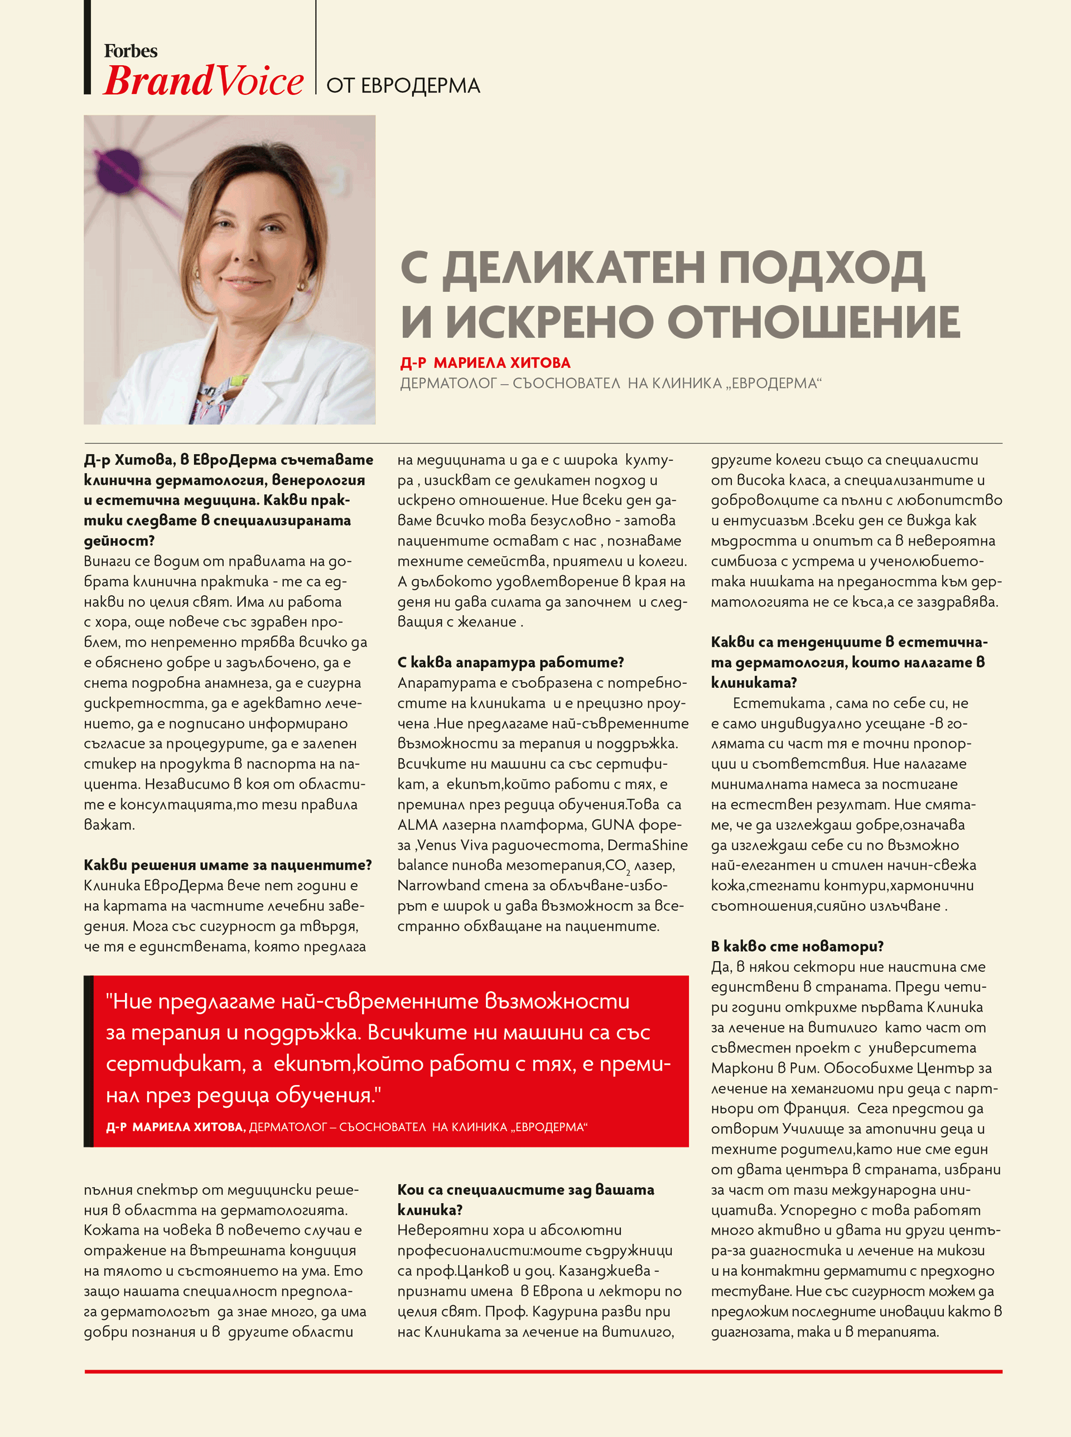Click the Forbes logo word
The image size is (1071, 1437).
click(131, 51)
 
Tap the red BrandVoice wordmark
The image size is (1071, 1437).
click(203, 81)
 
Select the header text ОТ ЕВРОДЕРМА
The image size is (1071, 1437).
click(403, 86)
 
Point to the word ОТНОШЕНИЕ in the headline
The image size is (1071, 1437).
click(814, 322)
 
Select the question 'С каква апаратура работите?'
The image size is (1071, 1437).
click(510, 662)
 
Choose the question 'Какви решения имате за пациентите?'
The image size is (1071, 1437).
click(228, 865)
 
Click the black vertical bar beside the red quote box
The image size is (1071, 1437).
click(89, 1061)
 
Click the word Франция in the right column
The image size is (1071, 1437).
click(816, 1108)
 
